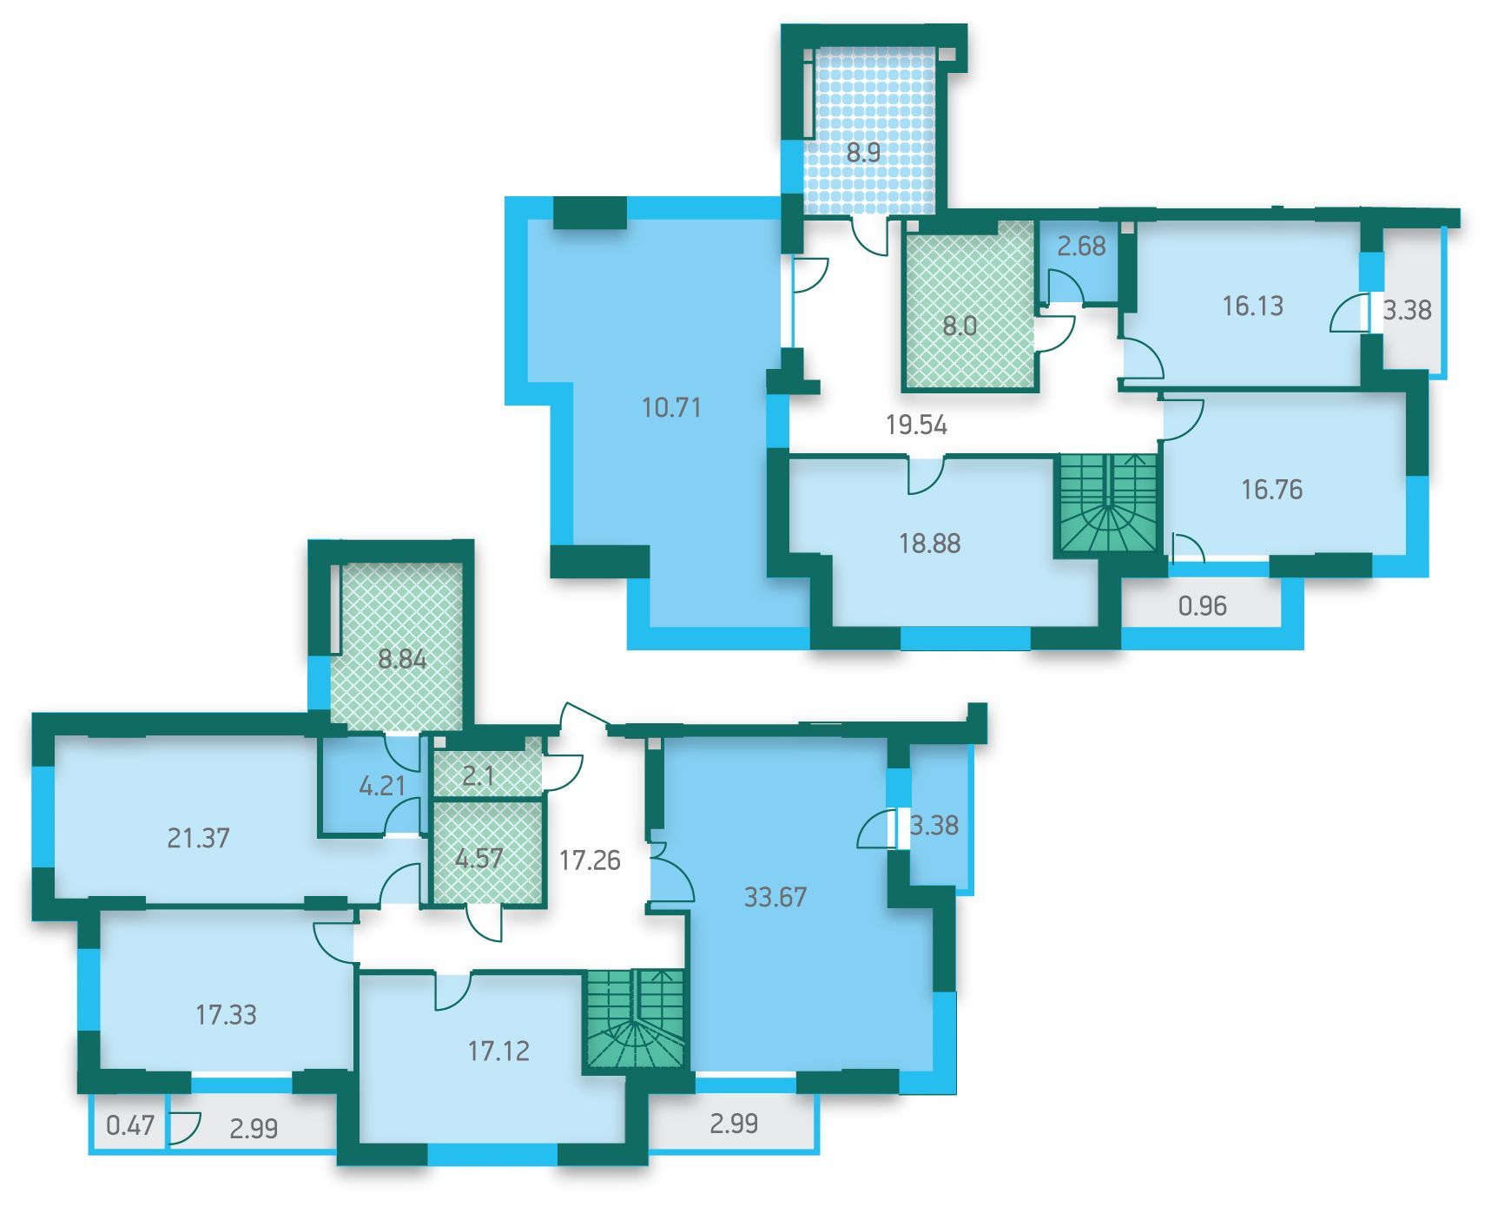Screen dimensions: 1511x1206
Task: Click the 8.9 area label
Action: [863, 154]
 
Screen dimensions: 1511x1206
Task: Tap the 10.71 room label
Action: [671, 407]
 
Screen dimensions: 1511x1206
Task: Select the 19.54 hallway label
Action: [916, 425]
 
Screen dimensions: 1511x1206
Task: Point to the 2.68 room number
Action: [1081, 247]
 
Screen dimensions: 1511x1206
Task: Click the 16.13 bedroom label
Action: [1252, 306]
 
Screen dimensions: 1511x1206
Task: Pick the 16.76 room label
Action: [1271, 490]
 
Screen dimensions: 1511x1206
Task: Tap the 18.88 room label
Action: [929, 544]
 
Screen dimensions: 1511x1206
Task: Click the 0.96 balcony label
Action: [1203, 605]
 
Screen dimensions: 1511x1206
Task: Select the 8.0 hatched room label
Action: [960, 326]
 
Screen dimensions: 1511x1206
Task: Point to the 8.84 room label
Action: [402, 659]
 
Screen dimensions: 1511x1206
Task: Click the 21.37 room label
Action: [198, 838]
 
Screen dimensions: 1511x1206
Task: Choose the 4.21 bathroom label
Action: [382, 786]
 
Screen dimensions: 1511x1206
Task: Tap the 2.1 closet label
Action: [478, 775]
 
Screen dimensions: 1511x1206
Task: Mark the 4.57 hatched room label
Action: [479, 858]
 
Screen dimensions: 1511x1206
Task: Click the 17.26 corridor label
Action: [590, 860]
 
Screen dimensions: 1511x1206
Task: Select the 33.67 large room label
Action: [775, 897]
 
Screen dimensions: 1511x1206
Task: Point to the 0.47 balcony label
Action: [130, 1126]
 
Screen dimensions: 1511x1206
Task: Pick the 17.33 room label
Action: [226, 1014]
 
